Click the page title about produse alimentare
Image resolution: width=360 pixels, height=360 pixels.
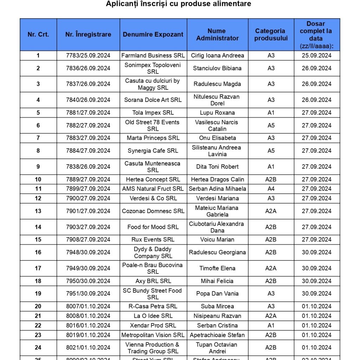point(179,4)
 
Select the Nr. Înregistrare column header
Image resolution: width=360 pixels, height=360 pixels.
point(88,34)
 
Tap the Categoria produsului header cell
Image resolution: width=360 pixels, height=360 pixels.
point(271,34)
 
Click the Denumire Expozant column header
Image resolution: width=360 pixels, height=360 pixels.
point(153,34)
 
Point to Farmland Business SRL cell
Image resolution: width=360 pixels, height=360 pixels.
point(153,56)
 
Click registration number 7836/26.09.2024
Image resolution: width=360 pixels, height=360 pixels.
point(88,68)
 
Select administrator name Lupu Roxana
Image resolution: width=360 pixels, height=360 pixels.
point(217,113)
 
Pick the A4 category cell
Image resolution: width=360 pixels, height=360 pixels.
point(271,189)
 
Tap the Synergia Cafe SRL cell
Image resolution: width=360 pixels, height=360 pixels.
point(153,151)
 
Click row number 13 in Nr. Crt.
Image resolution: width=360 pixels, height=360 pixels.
point(38,211)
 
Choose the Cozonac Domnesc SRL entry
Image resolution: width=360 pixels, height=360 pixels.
point(153,211)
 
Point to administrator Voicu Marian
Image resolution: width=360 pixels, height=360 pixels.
point(217,240)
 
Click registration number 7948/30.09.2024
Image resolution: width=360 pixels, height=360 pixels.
point(88,252)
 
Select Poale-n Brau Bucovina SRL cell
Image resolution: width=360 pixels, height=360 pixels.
point(153,268)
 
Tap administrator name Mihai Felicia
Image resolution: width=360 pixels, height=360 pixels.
point(217,281)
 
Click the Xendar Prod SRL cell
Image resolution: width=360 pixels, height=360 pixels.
point(153,326)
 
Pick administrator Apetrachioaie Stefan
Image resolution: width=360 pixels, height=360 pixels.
point(217,335)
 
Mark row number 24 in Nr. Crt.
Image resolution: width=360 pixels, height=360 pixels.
point(38,348)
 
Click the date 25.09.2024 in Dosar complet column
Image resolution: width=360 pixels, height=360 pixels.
point(316,56)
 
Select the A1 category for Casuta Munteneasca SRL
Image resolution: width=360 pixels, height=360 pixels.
point(271,167)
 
